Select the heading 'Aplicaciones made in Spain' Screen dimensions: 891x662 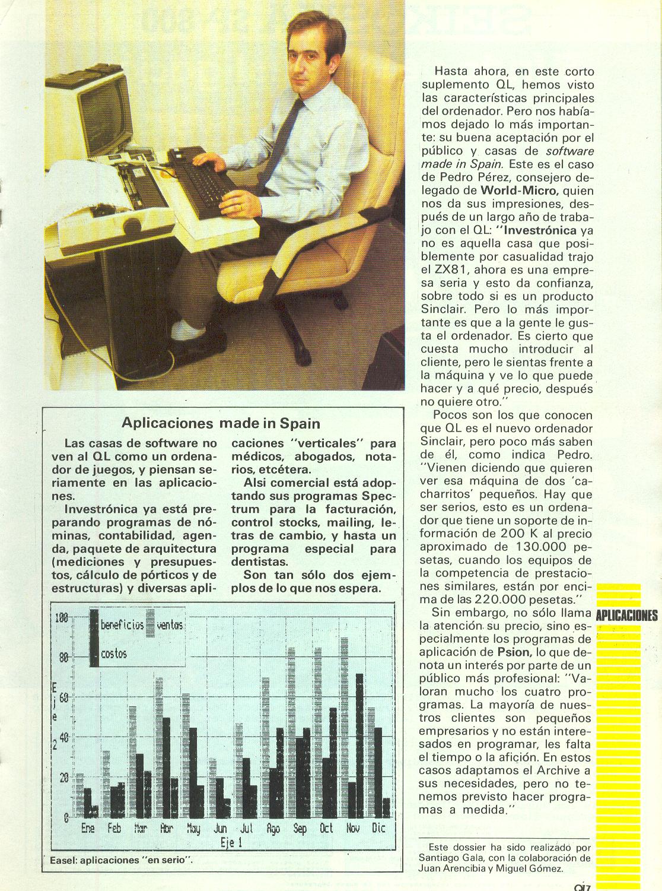point(221,423)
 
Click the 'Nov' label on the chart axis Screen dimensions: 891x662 point(352,827)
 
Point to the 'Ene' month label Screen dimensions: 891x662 point(88,827)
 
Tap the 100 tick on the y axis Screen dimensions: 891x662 point(61,618)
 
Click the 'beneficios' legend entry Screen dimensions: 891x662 point(122,625)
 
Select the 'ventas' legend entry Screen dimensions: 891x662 point(171,625)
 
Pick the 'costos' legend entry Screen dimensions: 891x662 point(113,654)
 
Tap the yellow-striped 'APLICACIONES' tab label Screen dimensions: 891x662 point(626,615)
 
